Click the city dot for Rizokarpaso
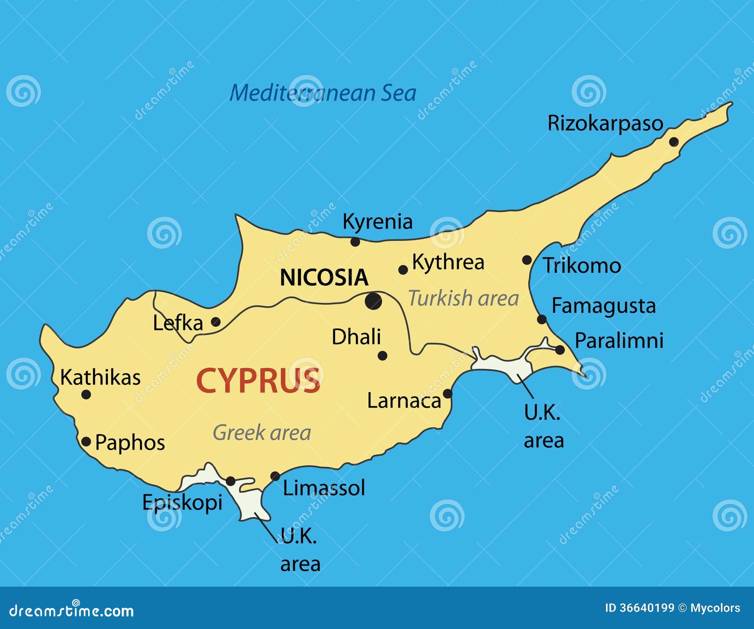pyautogui.click(x=673, y=142)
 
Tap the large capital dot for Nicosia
pyautogui.click(x=373, y=301)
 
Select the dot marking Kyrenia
pyautogui.click(x=355, y=242)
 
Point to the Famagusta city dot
pyautogui.click(x=542, y=319)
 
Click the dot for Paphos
pyautogui.click(x=86, y=441)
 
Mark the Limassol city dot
pyautogui.click(x=275, y=476)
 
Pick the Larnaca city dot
pyautogui.click(x=447, y=393)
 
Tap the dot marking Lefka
pyautogui.click(x=215, y=322)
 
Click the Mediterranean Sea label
pyautogui.click(x=323, y=93)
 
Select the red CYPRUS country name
pyautogui.click(x=258, y=381)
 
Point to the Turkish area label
pyautogui.click(x=463, y=298)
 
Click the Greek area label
pyautogui.click(x=262, y=433)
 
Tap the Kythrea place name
pyautogui.click(x=448, y=262)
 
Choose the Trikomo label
pyautogui.click(x=582, y=266)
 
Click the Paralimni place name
pyautogui.click(x=619, y=340)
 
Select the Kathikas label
pyautogui.click(x=100, y=377)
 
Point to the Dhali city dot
pyautogui.click(x=383, y=356)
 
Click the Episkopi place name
pyautogui.click(x=182, y=502)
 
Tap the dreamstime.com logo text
pyautogui.click(x=71, y=611)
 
